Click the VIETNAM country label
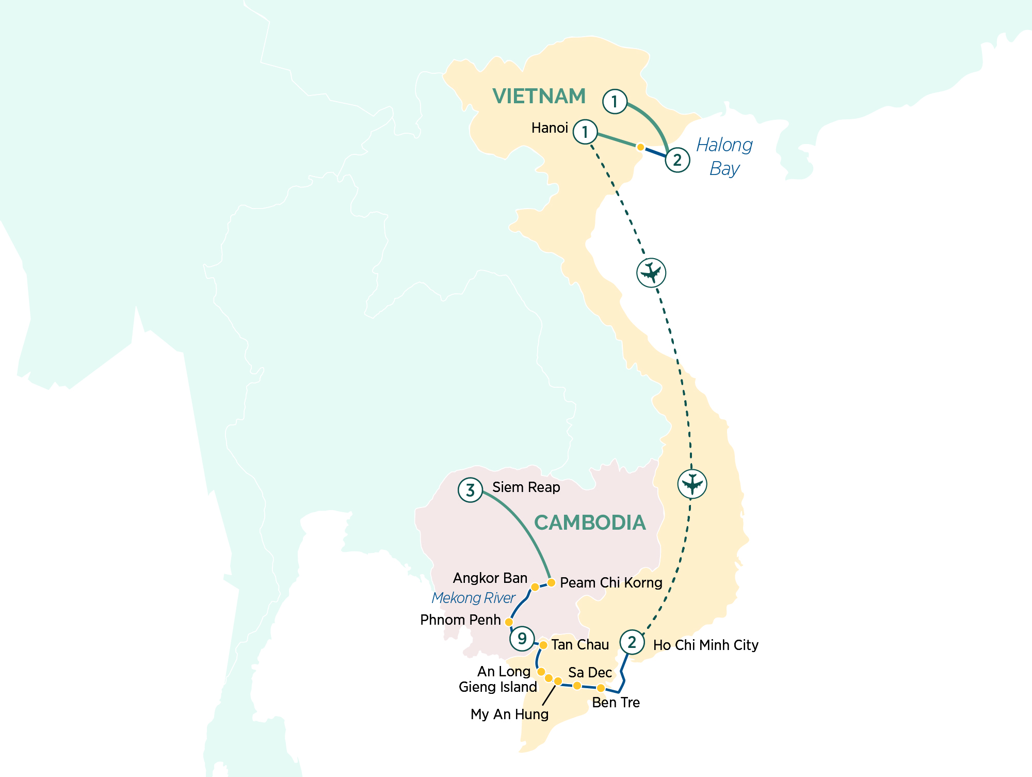pyautogui.click(x=539, y=97)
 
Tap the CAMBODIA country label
pyautogui.click(x=589, y=523)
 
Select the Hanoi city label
pyautogui.click(x=550, y=128)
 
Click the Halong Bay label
pyautogui.click(x=724, y=156)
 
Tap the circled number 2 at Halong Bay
pyautogui.click(x=678, y=160)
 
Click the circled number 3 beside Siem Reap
pyautogui.click(x=470, y=490)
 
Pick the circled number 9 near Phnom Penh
pyautogui.click(x=522, y=639)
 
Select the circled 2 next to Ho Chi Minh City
pyautogui.click(x=632, y=642)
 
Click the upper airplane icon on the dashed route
pyautogui.click(x=651, y=273)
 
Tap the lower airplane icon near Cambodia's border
pyautogui.click(x=692, y=484)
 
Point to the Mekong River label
pyautogui.click(x=473, y=598)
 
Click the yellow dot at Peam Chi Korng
pyautogui.click(x=551, y=583)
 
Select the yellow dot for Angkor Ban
pyautogui.click(x=535, y=587)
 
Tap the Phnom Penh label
pyautogui.click(x=460, y=620)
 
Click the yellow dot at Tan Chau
pyautogui.click(x=543, y=645)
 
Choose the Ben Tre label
pyautogui.click(x=616, y=703)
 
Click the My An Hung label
pyautogui.click(x=509, y=715)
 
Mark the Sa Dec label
pyautogui.click(x=590, y=673)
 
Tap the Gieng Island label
pyautogui.click(x=498, y=687)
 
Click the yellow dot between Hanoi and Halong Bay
pyautogui.click(x=640, y=147)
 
